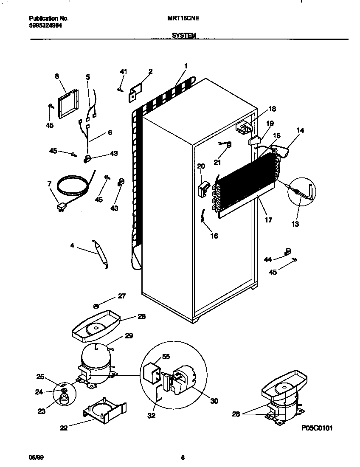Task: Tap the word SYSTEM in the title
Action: point(184,36)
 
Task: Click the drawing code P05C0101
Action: point(317,428)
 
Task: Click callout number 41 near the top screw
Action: point(123,72)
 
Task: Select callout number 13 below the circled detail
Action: point(295,224)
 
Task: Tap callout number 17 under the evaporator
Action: point(268,220)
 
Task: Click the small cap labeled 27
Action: point(96,305)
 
